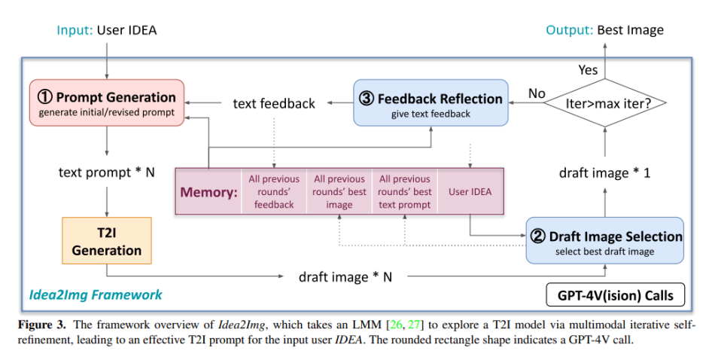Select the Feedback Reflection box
tap(431, 104)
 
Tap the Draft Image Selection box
tap(605, 242)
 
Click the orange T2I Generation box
tap(107, 240)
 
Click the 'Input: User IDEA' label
tap(107, 30)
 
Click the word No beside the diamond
tap(536, 94)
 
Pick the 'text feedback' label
tap(274, 104)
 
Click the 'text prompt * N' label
tap(107, 172)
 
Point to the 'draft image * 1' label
tap(604, 172)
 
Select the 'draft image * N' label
tap(345, 276)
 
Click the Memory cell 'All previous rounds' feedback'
tap(274, 191)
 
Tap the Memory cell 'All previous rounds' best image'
tap(339, 191)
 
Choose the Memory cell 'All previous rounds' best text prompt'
tap(406, 191)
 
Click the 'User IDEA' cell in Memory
tap(470, 191)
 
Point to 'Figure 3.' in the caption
tap(41, 325)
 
